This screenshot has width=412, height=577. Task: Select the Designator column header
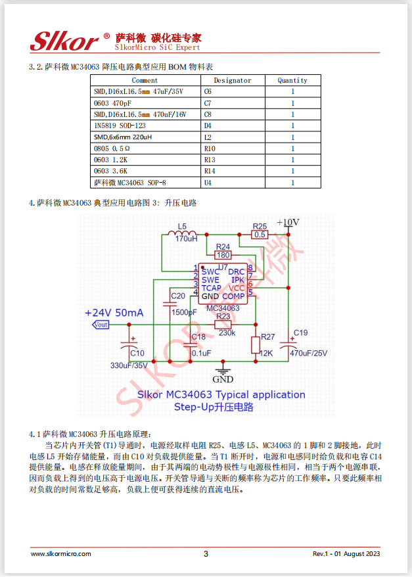coord(232,80)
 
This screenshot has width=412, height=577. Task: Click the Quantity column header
coord(292,80)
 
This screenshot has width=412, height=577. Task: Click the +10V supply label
coord(288,222)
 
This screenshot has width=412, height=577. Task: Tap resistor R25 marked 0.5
coord(260,234)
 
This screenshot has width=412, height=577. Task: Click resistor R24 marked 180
coord(223,254)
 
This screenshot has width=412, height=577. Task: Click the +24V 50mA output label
coord(114,313)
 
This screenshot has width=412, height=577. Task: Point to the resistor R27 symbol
coord(256,346)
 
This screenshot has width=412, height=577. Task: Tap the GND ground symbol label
coord(223,379)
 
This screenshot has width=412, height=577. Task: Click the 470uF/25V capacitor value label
coord(308,353)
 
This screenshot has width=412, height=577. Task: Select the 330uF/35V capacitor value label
coord(129,365)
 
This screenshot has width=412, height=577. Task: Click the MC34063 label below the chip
coord(223,308)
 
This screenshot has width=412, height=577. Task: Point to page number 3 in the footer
coord(206,554)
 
